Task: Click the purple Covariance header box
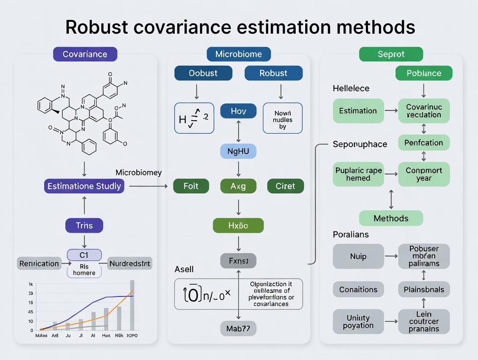pyautogui.click(x=85, y=54)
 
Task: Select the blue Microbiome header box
pyautogui.click(x=239, y=54)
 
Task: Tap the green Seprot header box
pyautogui.click(x=391, y=54)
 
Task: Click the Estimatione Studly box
pyautogui.click(x=84, y=186)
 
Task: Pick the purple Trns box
pyautogui.click(x=84, y=225)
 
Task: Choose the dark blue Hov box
pyautogui.click(x=239, y=111)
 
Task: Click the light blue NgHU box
pyautogui.click(x=239, y=151)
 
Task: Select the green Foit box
pyautogui.click(x=191, y=186)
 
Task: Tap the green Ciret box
pyautogui.click(x=285, y=186)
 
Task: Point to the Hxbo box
pyautogui.click(x=238, y=225)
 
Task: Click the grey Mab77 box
pyautogui.click(x=238, y=328)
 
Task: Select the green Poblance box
pyautogui.click(x=424, y=73)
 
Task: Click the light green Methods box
pyautogui.click(x=391, y=218)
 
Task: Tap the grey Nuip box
pyautogui.click(x=358, y=256)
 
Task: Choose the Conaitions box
pyautogui.click(x=358, y=289)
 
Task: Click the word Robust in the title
pyautogui.click(x=97, y=27)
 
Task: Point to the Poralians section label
pyautogui.click(x=351, y=235)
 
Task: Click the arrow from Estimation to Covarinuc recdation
pyautogui.click(x=391, y=111)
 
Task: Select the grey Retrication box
pyautogui.click(x=39, y=263)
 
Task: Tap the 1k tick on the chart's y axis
pyautogui.click(x=31, y=284)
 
